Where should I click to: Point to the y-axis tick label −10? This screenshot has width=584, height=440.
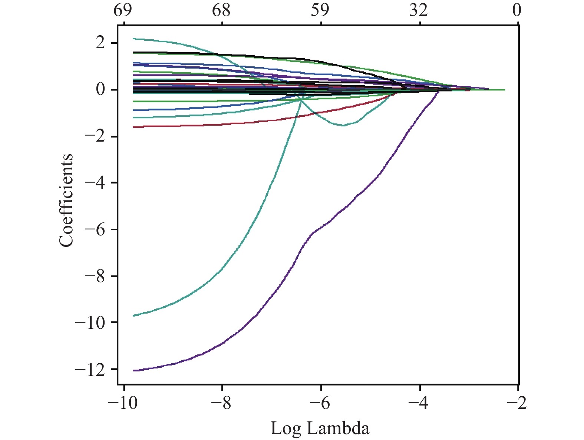(90, 323)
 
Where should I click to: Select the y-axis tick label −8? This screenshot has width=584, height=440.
(94, 277)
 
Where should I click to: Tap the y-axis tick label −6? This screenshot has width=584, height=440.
(94, 230)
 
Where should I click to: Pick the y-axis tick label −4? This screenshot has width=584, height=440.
(94, 183)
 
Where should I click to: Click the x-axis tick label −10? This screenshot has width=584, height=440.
(122, 403)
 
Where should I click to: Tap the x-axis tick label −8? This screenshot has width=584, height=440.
(222, 403)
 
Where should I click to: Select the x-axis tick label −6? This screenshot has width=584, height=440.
(320, 403)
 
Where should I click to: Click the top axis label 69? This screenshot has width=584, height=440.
(123, 11)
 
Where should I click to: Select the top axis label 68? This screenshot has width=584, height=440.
(221, 11)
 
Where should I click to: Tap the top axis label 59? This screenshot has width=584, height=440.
(320, 11)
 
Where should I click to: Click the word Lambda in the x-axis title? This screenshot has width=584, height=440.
(338, 429)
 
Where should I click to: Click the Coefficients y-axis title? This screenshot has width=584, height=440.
(66, 201)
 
